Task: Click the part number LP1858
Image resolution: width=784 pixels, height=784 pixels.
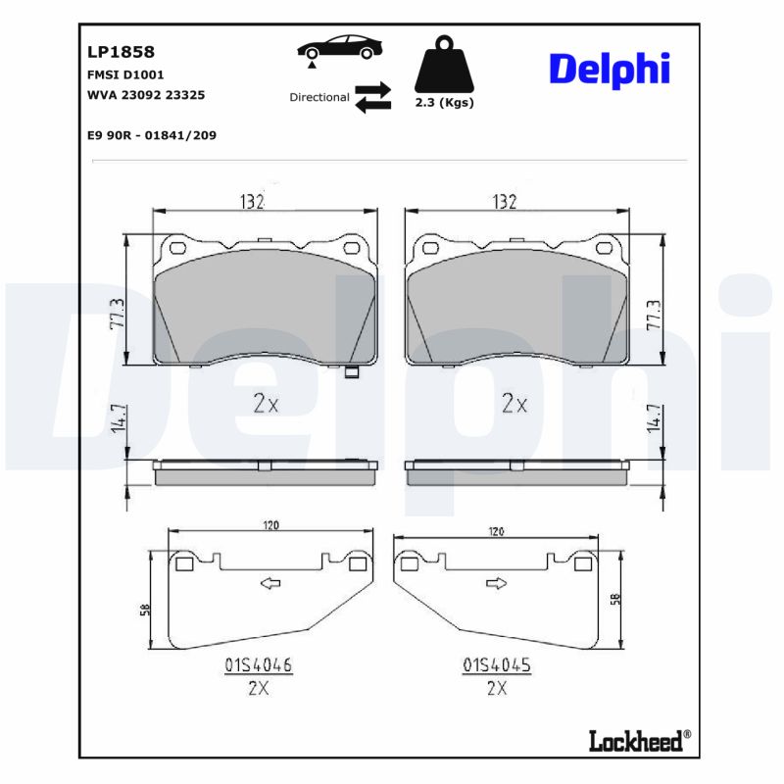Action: click(x=115, y=52)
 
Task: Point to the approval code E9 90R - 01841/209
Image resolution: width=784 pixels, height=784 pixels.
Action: click(x=151, y=135)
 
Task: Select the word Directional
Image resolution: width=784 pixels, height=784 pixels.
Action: click(x=319, y=97)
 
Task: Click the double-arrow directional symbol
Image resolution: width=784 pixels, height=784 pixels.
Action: click(x=372, y=98)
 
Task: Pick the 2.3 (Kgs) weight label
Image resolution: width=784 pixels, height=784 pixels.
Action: click(x=444, y=103)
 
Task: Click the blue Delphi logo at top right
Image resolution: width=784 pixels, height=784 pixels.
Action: click(x=609, y=69)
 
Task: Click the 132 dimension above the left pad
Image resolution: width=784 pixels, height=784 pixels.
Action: click(x=253, y=201)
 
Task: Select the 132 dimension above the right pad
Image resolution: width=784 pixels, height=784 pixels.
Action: click(x=504, y=201)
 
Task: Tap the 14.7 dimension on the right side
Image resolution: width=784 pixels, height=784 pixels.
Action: click(x=652, y=420)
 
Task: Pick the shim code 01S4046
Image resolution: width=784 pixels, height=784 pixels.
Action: click(x=258, y=665)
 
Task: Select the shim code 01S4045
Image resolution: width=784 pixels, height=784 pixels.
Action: click(x=496, y=665)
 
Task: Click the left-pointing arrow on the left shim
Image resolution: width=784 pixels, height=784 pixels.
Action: click(x=269, y=583)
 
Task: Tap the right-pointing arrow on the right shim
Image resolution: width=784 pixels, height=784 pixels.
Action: click(x=496, y=584)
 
